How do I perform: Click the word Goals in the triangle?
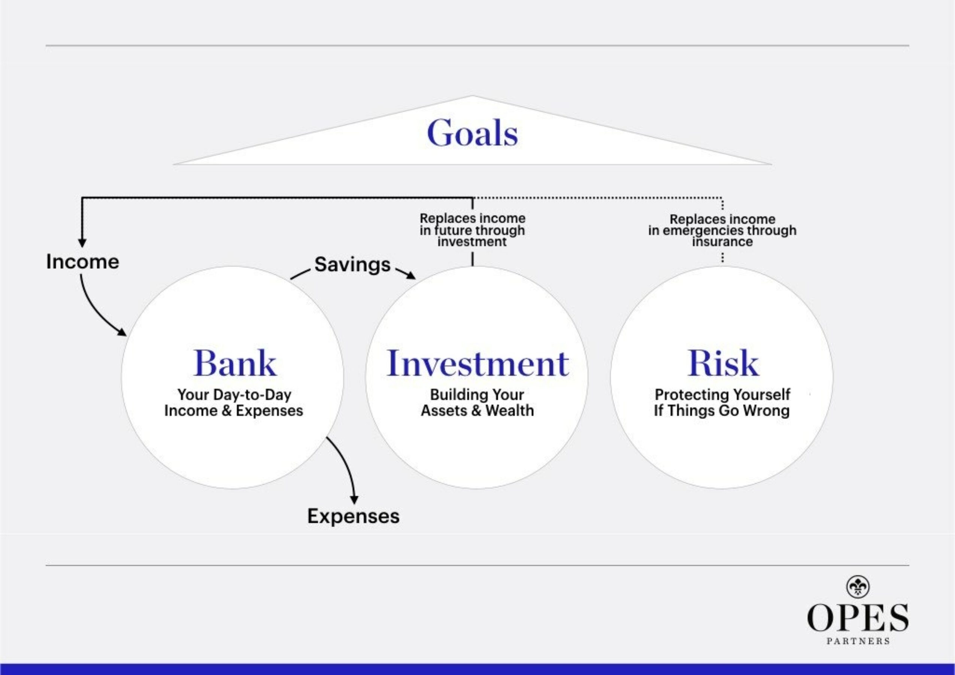(472, 133)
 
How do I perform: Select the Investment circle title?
(477, 363)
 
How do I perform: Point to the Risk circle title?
(722, 363)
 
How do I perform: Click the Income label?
(82, 262)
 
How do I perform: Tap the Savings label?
(352, 265)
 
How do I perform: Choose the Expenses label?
(353, 516)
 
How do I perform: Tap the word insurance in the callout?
(722, 242)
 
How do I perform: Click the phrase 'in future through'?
(472, 230)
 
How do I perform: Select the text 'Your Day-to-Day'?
(234, 394)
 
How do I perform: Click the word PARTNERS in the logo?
(858, 641)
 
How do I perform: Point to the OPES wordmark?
(858, 618)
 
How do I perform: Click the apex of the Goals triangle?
(472, 97)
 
